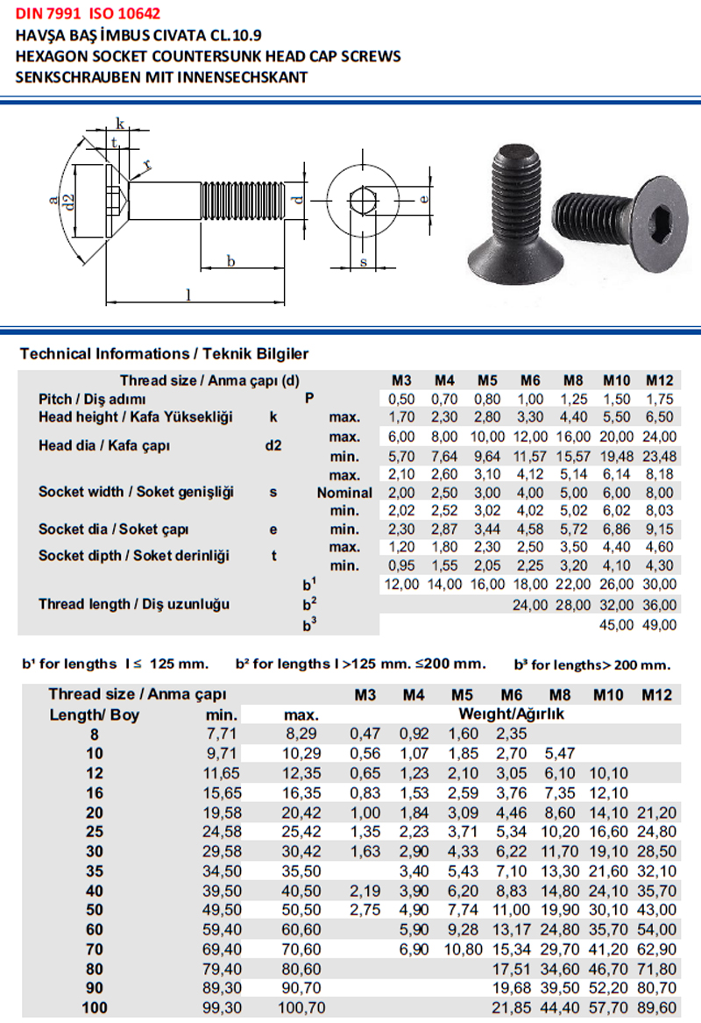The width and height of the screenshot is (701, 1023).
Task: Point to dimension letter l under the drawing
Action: click(188, 295)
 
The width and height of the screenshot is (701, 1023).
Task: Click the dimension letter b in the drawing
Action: click(230, 260)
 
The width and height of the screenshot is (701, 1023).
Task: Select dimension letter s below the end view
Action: click(363, 262)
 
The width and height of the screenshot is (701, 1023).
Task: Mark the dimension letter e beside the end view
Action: click(424, 199)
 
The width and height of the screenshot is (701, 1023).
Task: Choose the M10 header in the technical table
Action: click(617, 380)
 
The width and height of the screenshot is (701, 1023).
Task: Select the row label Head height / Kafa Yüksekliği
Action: click(135, 417)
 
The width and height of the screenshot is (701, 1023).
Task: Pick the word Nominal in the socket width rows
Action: click(344, 493)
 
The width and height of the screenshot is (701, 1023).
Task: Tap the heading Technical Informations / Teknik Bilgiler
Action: click(164, 354)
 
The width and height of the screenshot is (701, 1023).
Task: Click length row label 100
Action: click(94, 1007)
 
